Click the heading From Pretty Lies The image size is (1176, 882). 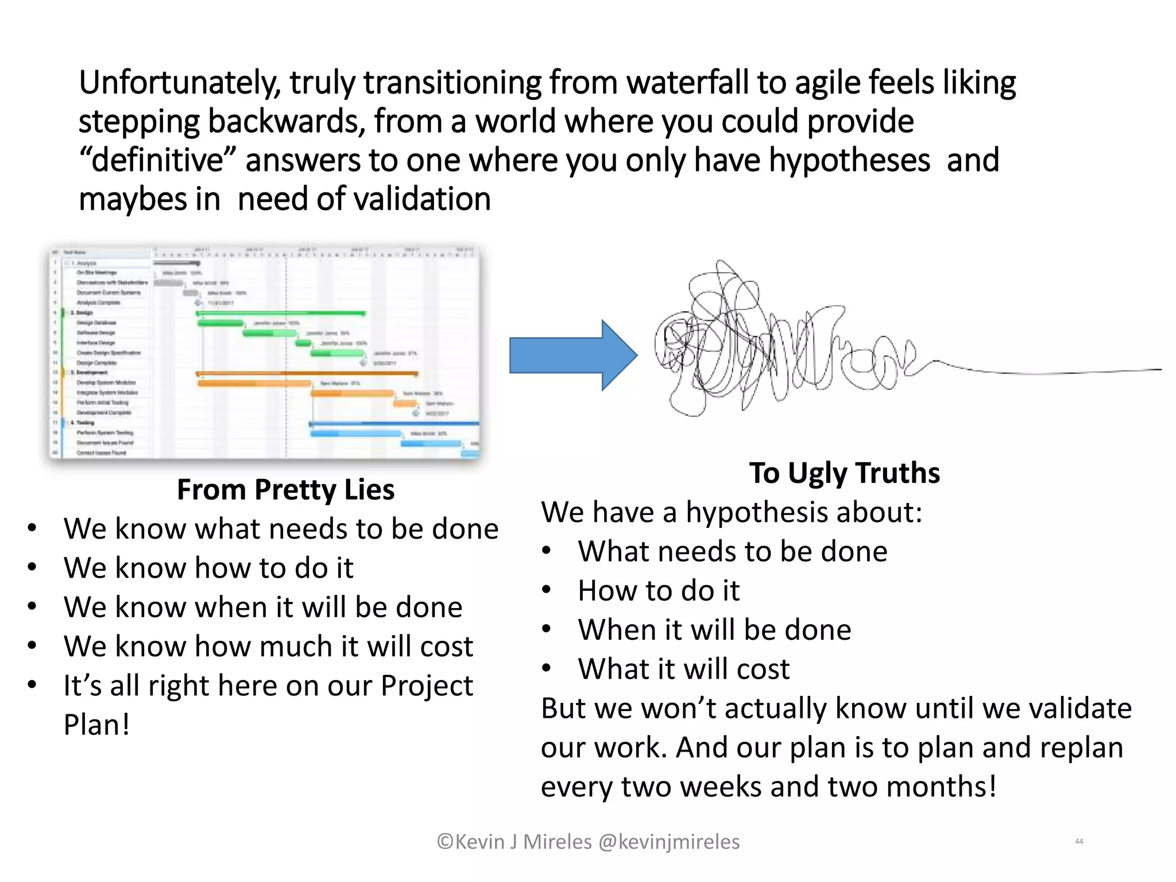coord(285,490)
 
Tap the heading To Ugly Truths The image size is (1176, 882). coord(844,473)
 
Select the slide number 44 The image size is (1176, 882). coord(1078,841)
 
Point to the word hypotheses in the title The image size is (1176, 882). coord(849,160)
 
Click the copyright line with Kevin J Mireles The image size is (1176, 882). coord(588,842)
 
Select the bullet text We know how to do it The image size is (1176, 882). coord(208,568)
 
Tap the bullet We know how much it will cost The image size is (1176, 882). coord(268,647)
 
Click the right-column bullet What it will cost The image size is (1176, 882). coord(683,669)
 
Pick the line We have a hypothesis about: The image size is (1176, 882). coord(731,512)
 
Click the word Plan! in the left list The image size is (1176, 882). coord(96,725)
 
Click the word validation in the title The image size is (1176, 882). coord(421,199)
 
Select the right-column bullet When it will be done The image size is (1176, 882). coord(714,630)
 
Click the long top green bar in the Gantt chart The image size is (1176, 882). coord(281,314)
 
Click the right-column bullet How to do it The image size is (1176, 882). coord(659,591)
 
